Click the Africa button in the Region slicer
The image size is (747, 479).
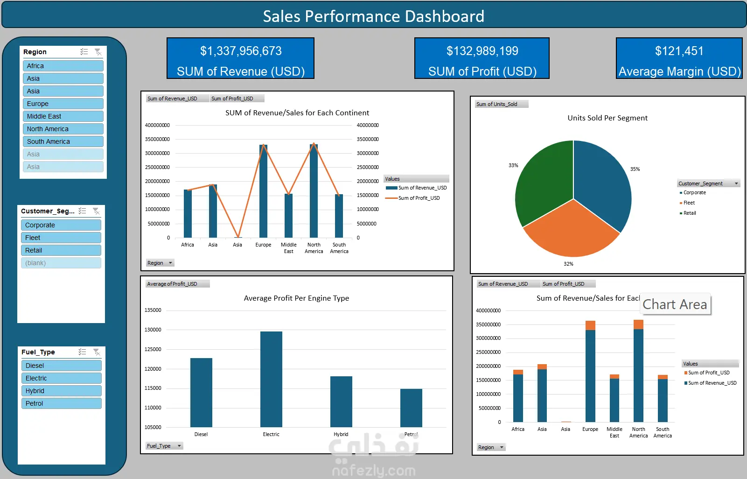pyautogui.click(x=63, y=66)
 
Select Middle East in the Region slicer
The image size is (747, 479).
pyautogui.click(x=63, y=116)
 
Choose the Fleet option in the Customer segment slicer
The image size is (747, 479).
pyautogui.click(x=61, y=238)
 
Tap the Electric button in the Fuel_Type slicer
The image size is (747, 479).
pyautogui.click(x=61, y=378)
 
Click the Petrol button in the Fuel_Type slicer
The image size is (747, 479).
pyautogui.click(x=61, y=403)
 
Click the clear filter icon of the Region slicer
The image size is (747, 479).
pyautogui.click(x=98, y=52)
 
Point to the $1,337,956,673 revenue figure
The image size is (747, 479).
pyautogui.click(x=241, y=51)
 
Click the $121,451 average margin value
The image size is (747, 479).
pyautogui.click(x=679, y=51)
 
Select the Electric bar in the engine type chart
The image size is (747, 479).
pyautogui.click(x=271, y=379)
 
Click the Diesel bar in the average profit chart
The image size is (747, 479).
pyautogui.click(x=201, y=392)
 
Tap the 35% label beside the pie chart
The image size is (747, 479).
pyautogui.click(x=635, y=169)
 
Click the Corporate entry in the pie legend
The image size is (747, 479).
pyautogui.click(x=694, y=192)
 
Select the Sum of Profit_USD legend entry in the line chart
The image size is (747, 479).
pyautogui.click(x=419, y=198)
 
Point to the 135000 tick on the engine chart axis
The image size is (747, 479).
pyautogui.click(x=153, y=310)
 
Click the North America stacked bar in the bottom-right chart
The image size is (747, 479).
pyautogui.click(x=638, y=373)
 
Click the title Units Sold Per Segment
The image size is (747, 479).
pyautogui.click(x=607, y=118)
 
